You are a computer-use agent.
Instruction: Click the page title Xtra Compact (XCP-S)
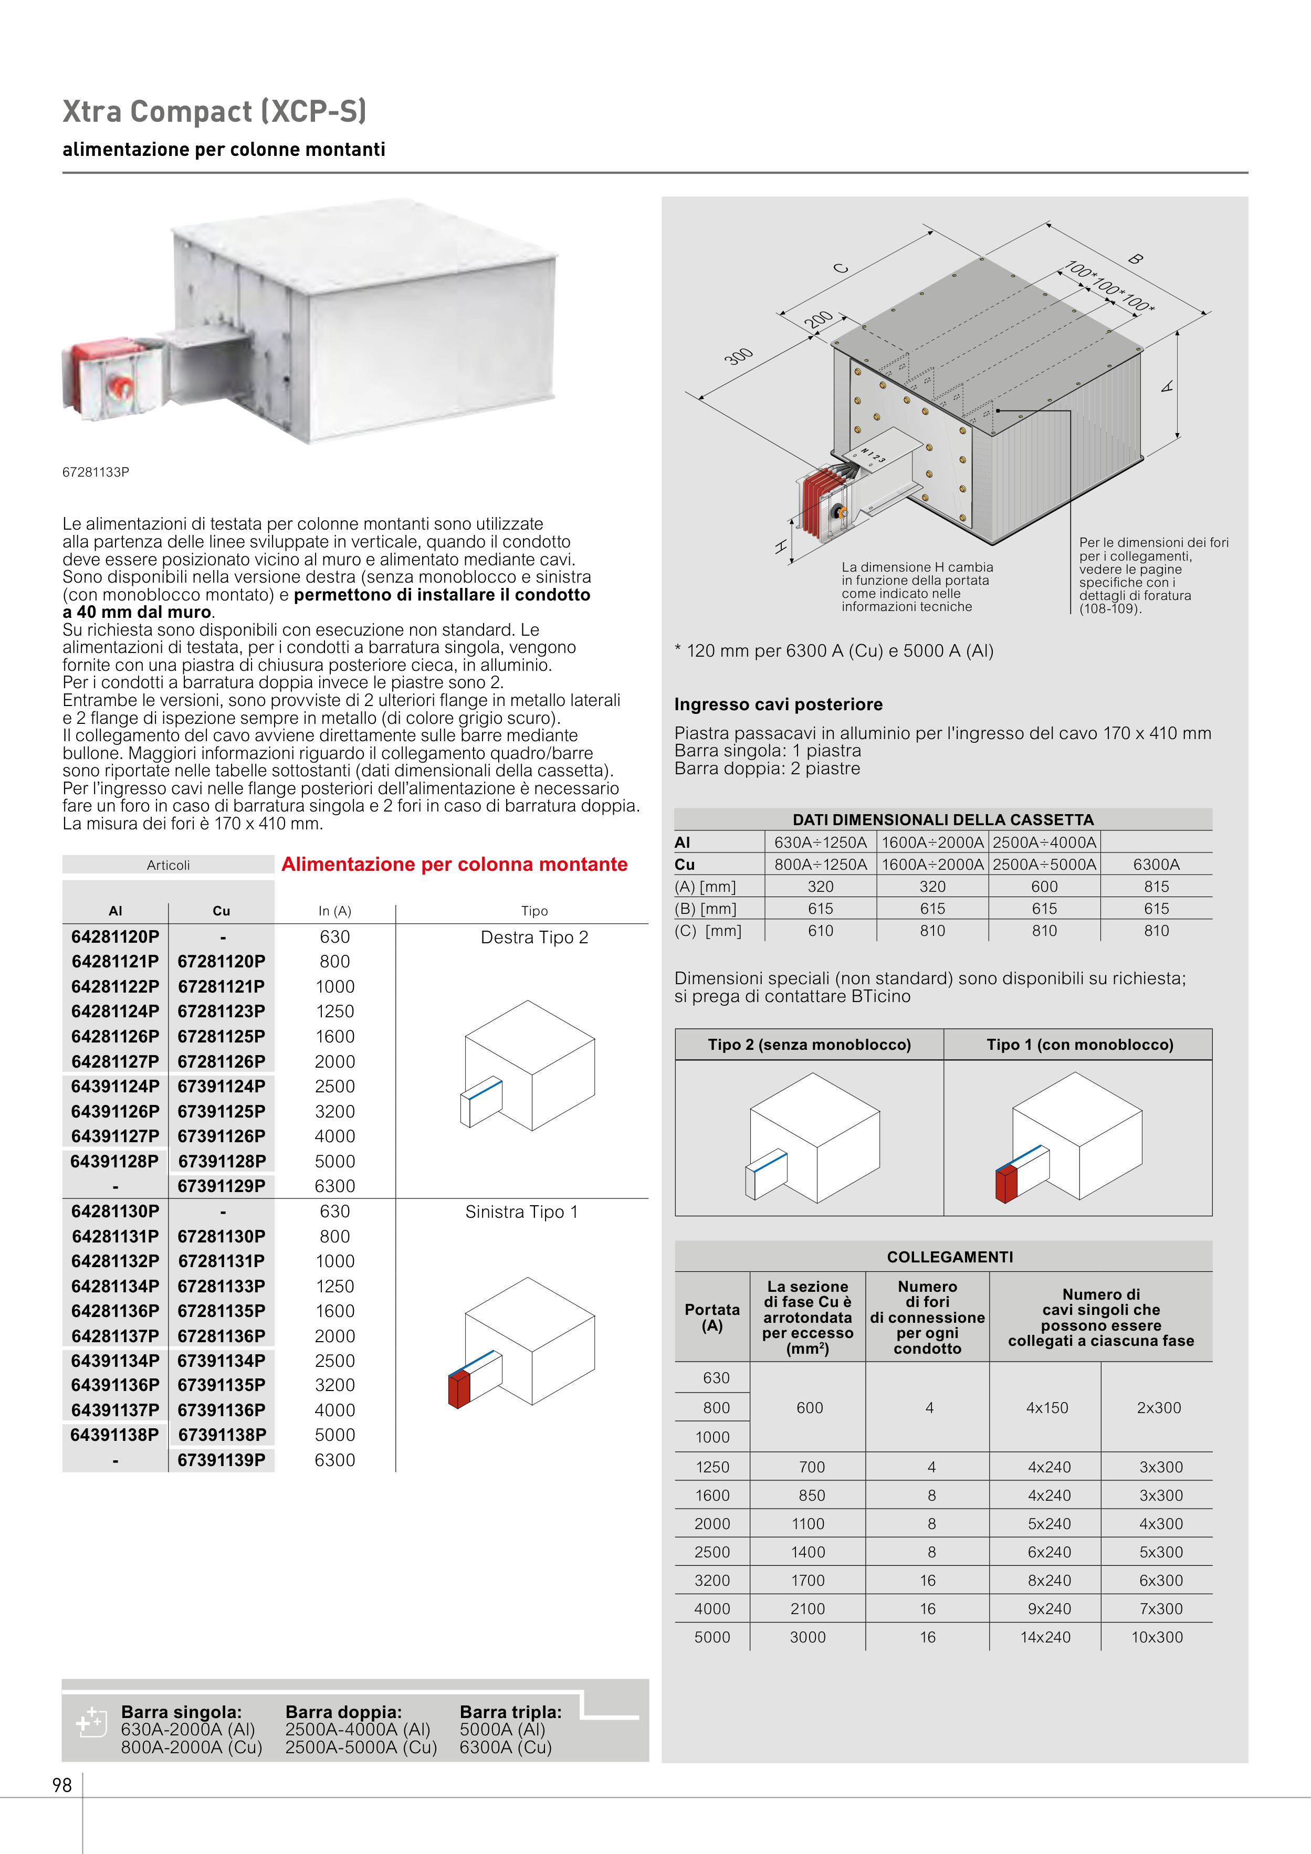(214, 111)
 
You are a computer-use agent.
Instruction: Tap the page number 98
(62, 1785)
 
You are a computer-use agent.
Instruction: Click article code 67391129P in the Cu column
(222, 1185)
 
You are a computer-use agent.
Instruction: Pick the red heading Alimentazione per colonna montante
(454, 864)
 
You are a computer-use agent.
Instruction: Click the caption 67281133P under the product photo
(96, 471)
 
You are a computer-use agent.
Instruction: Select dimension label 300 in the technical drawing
(738, 356)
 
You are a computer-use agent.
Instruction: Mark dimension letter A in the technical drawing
(1167, 387)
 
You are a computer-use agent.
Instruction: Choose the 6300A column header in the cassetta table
(1156, 864)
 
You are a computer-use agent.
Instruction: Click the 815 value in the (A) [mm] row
(1156, 887)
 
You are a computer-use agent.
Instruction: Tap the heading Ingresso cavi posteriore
(778, 704)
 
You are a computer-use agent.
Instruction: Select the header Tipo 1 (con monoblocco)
(1079, 1044)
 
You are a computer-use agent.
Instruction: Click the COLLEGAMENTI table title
(949, 1257)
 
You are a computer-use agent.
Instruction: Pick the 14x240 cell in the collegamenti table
(1045, 1637)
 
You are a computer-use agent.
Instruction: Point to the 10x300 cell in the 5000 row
(1157, 1637)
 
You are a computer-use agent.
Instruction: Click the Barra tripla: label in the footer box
(510, 1711)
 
